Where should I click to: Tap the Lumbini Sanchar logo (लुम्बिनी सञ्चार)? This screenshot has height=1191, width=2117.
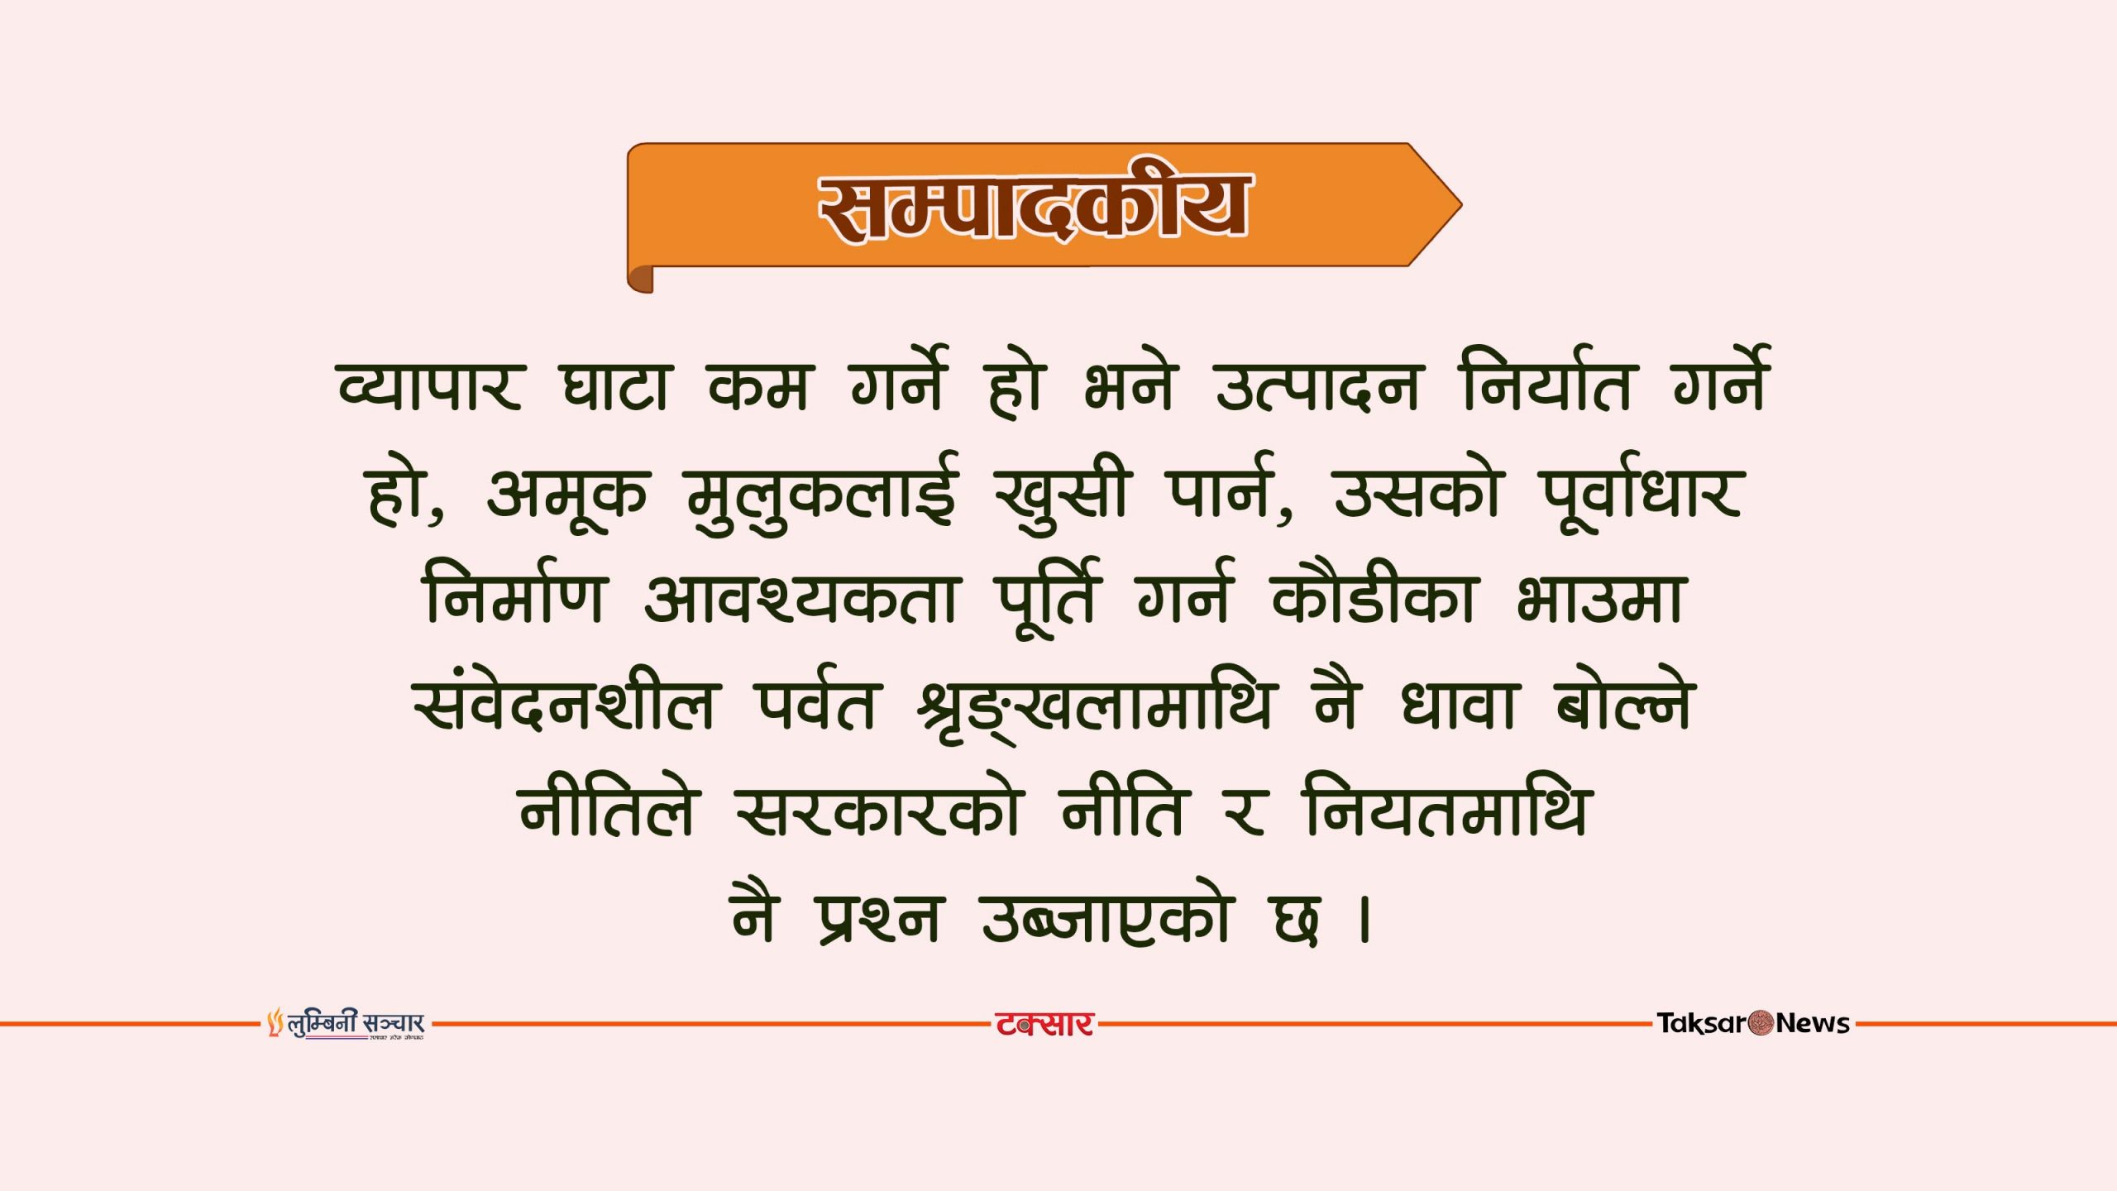coord(346,1024)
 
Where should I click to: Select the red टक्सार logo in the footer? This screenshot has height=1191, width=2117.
coord(1044,1024)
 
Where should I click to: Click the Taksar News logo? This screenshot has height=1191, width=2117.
coord(1753,1023)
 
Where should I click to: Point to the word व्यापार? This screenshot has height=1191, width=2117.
coord(430,384)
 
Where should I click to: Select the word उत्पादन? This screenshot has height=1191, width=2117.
coord(1317,385)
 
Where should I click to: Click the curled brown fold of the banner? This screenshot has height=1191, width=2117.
coord(640,279)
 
